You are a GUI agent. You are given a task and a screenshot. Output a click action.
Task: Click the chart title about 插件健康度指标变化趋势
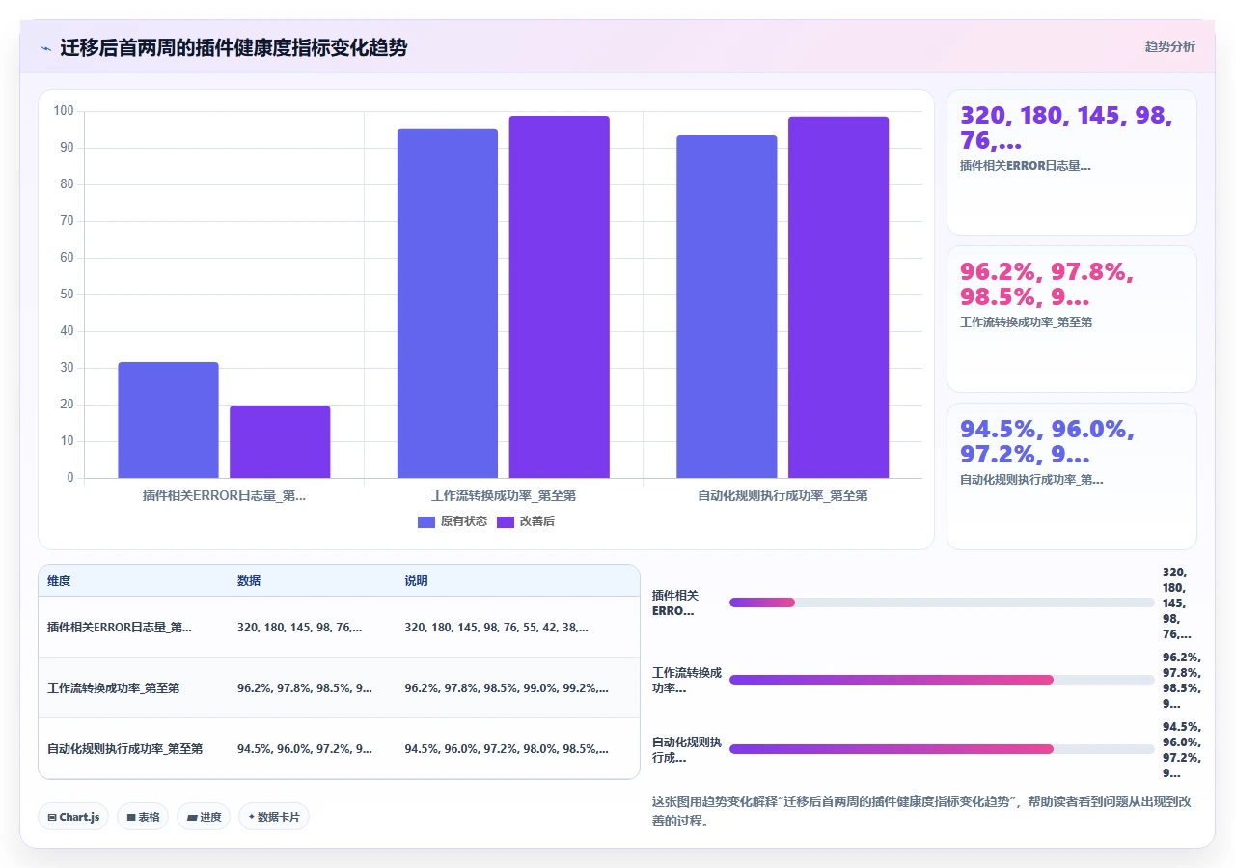tap(233, 47)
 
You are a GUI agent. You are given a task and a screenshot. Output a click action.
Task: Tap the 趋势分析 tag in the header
tap(1170, 46)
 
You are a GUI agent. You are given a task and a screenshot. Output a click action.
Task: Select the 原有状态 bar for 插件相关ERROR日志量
tap(168, 420)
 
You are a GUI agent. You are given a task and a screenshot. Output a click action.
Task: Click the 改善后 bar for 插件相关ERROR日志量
tap(280, 441)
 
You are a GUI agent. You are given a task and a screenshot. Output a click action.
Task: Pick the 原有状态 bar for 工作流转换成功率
tap(448, 303)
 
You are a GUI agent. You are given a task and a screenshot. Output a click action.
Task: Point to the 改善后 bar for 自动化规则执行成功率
tap(838, 296)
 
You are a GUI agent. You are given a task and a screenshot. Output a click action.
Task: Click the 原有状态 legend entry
tap(453, 521)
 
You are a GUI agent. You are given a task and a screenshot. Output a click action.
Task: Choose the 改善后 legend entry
tap(526, 521)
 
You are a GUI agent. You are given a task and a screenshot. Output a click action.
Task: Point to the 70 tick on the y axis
tap(67, 221)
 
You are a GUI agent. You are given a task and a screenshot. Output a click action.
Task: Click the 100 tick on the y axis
tap(64, 110)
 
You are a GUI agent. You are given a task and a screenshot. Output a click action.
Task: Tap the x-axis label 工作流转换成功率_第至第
tap(504, 495)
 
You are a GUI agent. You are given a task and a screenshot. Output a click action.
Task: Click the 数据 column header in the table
tap(249, 580)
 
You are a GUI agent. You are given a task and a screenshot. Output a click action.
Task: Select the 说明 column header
tap(416, 580)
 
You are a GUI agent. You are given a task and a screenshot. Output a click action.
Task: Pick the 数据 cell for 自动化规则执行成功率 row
tap(304, 749)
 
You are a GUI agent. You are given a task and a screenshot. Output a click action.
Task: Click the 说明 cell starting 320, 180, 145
tap(496, 627)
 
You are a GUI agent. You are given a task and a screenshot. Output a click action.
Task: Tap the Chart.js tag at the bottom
tap(73, 817)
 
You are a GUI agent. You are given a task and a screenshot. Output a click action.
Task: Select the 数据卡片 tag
tap(274, 817)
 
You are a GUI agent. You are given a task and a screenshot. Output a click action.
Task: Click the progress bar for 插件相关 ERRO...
tap(942, 602)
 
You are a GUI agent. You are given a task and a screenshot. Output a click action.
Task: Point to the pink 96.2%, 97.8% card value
tap(1047, 284)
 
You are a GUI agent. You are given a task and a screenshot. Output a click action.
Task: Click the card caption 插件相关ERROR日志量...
tap(1025, 165)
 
